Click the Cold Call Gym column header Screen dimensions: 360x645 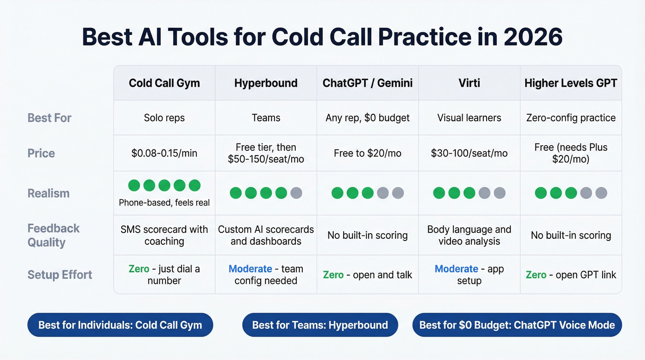(164, 83)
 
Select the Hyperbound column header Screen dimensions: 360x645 (266, 83)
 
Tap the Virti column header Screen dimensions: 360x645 (469, 83)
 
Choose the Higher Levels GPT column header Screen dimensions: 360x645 (571, 83)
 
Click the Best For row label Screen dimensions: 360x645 (49, 118)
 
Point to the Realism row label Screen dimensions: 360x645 (48, 193)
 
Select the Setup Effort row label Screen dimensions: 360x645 (60, 275)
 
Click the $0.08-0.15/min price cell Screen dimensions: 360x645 (164, 153)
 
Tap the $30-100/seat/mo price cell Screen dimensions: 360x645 (469, 153)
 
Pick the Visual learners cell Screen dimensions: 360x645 (469, 118)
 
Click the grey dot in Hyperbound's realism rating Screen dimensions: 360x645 (297, 193)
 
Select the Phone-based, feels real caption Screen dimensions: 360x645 (164, 202)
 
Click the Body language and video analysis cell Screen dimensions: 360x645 (469, 235)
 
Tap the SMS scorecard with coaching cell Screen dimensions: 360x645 (164, 235)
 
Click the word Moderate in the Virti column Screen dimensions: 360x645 (456, 269)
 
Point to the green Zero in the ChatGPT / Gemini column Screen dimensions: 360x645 (333, 275)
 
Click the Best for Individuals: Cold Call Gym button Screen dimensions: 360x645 (120, 325)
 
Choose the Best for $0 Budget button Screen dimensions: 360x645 (517, 325)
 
